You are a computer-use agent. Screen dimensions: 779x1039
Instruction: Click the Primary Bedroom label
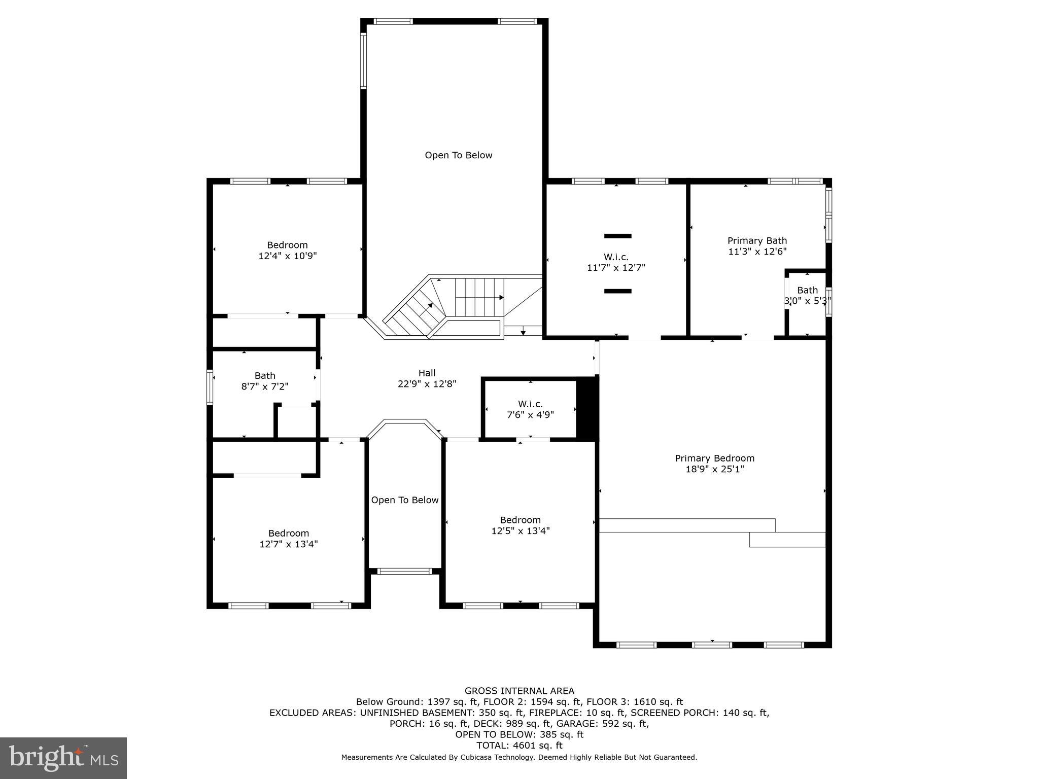click(714, 458)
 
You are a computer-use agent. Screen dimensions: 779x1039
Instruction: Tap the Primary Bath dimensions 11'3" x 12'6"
click(757, 252)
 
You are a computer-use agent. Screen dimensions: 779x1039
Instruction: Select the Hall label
click(427, 373)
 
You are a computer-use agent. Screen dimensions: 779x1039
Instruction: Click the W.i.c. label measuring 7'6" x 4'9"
click(530, 404)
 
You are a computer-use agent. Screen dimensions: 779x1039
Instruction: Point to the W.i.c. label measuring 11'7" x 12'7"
click(616, 257)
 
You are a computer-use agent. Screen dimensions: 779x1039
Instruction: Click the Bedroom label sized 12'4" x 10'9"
click(287, 245)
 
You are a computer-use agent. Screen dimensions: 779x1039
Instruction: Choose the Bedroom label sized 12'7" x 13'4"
click(288, 533)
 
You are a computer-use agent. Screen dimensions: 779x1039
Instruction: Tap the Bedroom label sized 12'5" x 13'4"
click(520, 520)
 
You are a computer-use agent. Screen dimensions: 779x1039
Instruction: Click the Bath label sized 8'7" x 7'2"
click(264, 376)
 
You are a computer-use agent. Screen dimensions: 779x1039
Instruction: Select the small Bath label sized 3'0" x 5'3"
click(807, 290)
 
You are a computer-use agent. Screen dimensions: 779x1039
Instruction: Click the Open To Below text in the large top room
click(458, 155)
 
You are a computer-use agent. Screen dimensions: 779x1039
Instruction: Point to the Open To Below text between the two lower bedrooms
click(404, 500)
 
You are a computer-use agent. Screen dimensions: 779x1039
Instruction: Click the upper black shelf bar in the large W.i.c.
click(617, 236)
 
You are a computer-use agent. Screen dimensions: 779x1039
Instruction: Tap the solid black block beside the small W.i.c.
click(587, 409)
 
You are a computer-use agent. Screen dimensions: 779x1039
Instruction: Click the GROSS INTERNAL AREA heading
click(519, 691)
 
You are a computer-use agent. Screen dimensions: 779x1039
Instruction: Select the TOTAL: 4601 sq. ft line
click(519, 746)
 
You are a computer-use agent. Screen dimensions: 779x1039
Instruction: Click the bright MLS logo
click(63, 758)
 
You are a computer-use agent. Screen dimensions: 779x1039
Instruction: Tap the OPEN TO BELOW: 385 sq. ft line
click(519, 734)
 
